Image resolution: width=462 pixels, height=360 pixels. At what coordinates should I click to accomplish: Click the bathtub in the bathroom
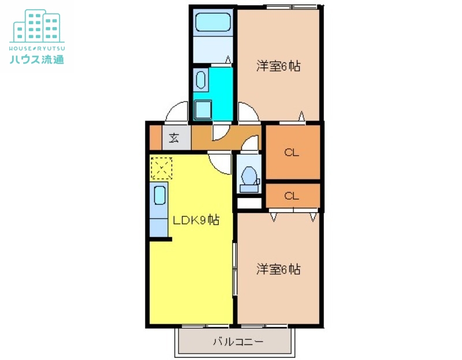[213, 23]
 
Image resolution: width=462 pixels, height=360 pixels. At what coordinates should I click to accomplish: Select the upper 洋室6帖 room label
[278, 66]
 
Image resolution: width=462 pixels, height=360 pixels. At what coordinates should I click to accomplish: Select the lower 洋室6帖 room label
[278, 269]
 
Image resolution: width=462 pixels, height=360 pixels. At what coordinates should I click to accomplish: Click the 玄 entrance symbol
[173, 138]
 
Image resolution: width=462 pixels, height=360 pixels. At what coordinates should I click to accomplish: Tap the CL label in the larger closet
[292, 153]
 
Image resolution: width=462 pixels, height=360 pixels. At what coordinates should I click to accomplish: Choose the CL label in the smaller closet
[292, 196]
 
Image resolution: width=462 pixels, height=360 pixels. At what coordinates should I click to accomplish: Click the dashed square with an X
[161, 168]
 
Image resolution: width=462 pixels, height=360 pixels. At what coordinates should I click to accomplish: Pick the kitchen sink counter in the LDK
[159, 199]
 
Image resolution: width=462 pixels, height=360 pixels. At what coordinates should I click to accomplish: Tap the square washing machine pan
[203, 109]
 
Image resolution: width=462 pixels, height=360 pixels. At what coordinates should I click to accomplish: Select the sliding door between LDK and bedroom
[235, 269]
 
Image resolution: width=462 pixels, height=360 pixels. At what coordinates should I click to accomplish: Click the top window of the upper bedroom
[292, 6]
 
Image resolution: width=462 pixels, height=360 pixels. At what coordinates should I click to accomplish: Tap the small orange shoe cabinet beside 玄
[155, 138]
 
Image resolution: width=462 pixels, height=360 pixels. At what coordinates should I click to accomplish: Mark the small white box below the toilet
[249, 203]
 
